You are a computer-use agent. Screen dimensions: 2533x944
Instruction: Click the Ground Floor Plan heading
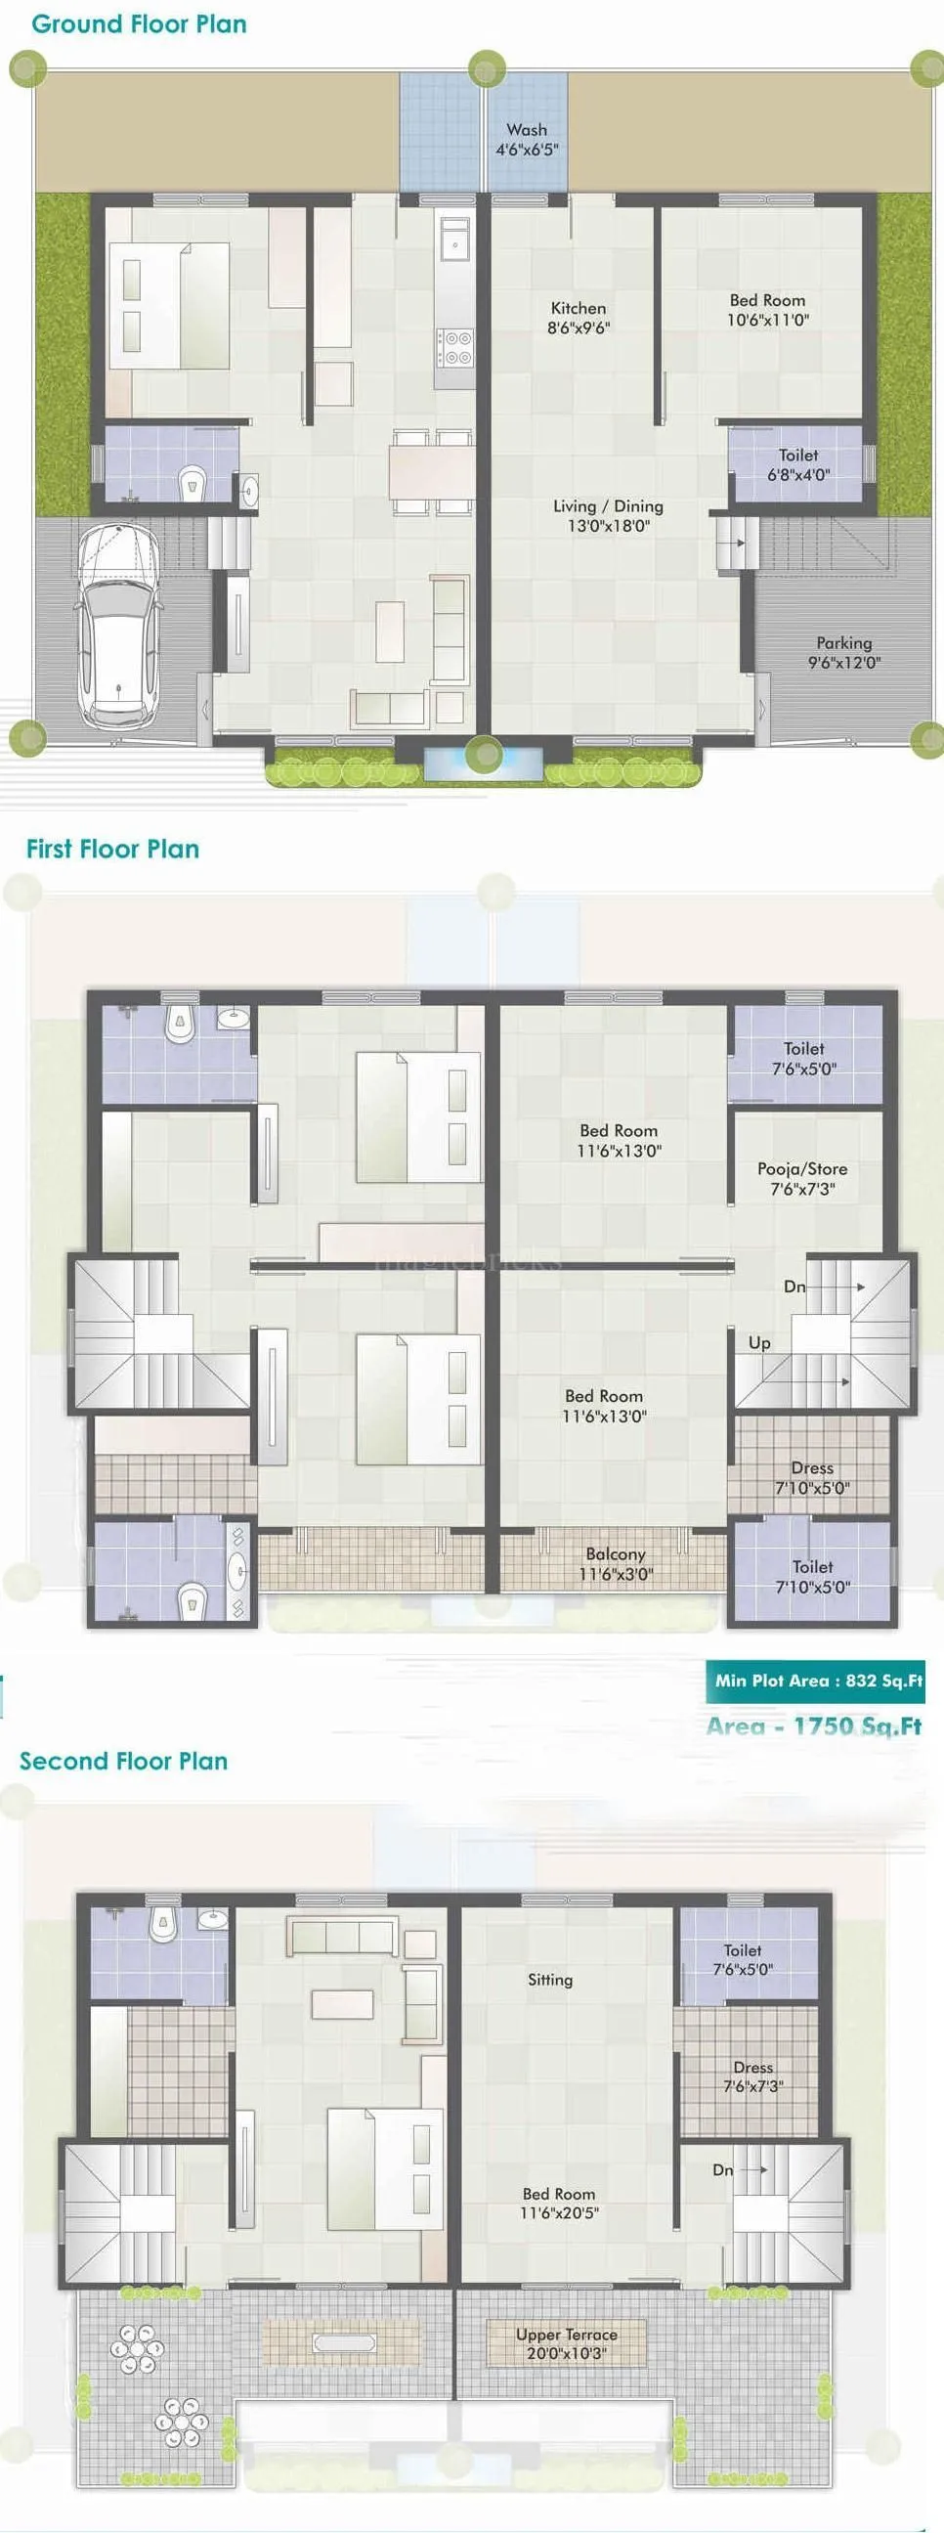(139, 24)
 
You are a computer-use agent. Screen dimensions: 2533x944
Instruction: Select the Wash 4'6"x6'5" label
(527, 140)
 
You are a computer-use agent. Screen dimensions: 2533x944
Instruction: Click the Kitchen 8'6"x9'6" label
(579, 318)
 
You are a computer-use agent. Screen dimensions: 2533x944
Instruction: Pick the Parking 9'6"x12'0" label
(843, 653)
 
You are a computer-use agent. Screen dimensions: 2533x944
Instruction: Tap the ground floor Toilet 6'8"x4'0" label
(798, 464)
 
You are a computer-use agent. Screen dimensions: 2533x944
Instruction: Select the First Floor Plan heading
(113, 850)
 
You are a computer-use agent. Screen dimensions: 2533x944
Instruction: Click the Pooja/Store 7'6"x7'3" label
(802, 1178)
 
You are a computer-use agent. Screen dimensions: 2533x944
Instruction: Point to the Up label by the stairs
(759, 1342)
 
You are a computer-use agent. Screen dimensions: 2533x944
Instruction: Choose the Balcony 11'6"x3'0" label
(616, 1563)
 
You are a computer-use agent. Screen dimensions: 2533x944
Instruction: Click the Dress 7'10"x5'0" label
(812, 1477)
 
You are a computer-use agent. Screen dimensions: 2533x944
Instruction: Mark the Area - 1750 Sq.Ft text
(814, 1725)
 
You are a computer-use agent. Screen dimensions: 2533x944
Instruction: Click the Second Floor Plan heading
(124, 1761)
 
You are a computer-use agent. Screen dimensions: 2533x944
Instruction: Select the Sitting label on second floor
(549, 1980)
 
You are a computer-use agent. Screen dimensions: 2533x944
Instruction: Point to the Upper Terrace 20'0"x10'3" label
(567, 2343)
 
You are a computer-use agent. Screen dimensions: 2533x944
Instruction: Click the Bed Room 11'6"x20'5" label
(559, 2203)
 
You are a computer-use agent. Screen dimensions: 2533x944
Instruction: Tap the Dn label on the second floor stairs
(723, 2169)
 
